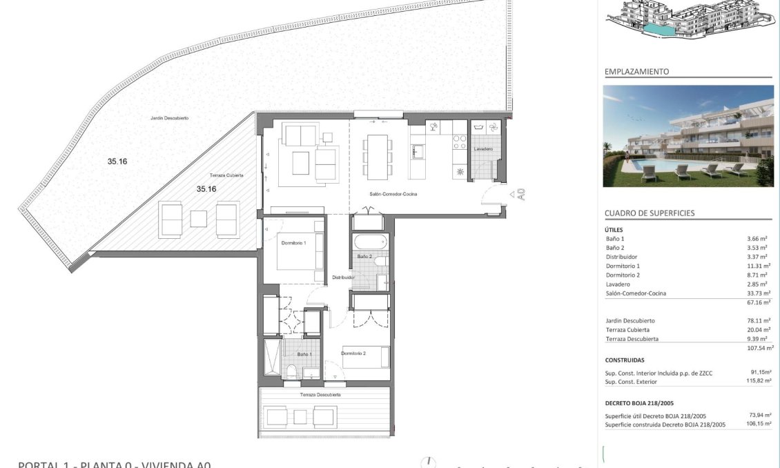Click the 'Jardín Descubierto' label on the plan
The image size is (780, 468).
(169, 118)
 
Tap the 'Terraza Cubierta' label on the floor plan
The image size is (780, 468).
(226, 176)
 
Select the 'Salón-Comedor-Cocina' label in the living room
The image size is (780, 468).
(393, 194)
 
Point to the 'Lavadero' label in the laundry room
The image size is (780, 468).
(483, 148)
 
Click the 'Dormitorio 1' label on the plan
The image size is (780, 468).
(293, 243)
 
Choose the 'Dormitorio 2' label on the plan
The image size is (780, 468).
(353, 353)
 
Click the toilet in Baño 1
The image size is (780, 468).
(291, 373)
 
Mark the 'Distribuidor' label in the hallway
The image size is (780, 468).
(343, 277)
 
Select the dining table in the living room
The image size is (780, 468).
(378, 157)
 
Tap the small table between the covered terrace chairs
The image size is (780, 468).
(199, 219)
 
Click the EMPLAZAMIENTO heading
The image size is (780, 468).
(636, 72)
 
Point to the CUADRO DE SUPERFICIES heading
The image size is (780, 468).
(649, 214)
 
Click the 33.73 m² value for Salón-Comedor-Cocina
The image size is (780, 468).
(759, 293)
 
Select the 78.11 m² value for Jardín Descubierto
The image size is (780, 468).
(759, 321)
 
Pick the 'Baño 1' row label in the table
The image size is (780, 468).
(614, 239)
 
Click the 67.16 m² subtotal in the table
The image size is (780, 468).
(759, 302)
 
